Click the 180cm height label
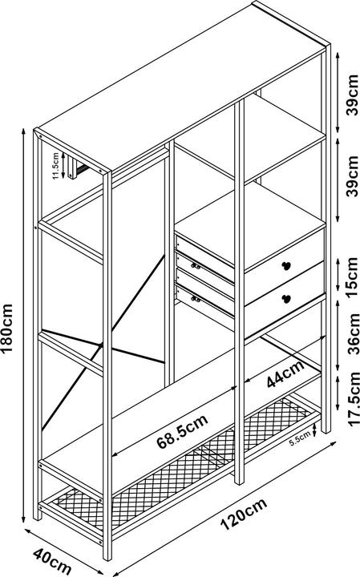click(x=7, y=328)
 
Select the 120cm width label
click(x=243, y=514)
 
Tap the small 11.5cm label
click(x=55, y=166)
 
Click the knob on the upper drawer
click(x=285, y=265)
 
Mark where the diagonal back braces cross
click(x=100, y=345)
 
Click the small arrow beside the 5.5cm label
click(x=314, y=430)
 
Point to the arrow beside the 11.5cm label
click(x=63, y=166)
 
